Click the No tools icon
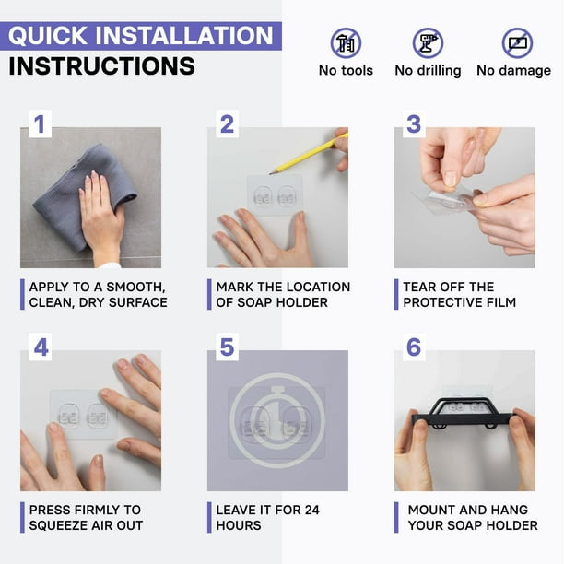tap(346, 43)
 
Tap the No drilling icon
tap(428, 43)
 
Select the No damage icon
tap(517, 43)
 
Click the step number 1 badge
tap(40, 123)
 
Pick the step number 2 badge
tap(227, 123)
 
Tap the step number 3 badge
tap(414, 123)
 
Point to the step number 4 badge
tap(40, 347)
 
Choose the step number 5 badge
tap(227, 347)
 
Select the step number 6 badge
tap(414, 347)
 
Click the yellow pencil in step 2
tap(309, 154)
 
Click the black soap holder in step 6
tap(464, 414)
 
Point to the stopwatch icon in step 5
tap(277, 419)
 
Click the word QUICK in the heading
tap(48, 36)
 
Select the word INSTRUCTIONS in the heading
tap(101, 66)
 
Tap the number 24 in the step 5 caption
tap(311, 510)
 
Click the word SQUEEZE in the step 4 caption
tap(58, 525)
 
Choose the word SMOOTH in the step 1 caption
tap(136, 287)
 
